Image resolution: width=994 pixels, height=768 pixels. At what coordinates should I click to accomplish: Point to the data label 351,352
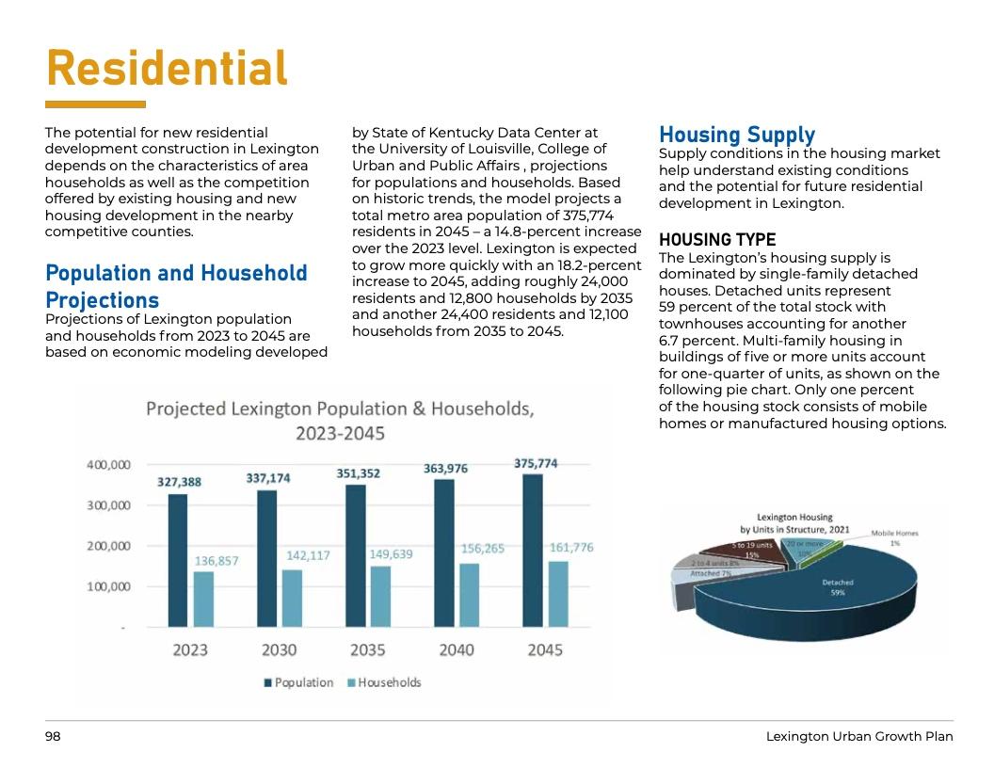pos(359,473)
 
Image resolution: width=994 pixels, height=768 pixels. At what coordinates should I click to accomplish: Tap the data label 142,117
pos(308,555)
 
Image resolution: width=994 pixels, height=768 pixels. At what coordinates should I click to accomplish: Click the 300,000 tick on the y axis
pos(109,505)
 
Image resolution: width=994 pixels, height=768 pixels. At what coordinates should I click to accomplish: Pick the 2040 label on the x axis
pos(456,650)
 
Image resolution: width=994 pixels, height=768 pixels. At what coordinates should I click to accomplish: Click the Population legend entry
pos(298,682)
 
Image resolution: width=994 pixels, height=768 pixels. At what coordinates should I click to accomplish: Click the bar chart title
pos(340,421)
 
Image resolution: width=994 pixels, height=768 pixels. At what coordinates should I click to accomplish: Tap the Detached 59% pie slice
pos(828,593)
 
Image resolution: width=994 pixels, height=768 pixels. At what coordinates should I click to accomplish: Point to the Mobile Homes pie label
pos(894,537)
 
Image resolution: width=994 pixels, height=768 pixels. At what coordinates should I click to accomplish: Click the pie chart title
pos(795,523)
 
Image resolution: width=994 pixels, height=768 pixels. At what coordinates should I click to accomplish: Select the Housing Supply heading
pos(737,136)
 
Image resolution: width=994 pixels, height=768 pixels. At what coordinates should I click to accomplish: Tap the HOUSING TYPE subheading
pos(717,240)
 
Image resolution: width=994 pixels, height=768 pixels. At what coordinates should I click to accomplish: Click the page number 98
pos(53,737)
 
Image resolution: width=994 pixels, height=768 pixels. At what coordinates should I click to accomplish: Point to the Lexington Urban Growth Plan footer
pos(859,737)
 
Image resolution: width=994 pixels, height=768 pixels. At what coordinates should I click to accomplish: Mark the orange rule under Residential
pos(95,104)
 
